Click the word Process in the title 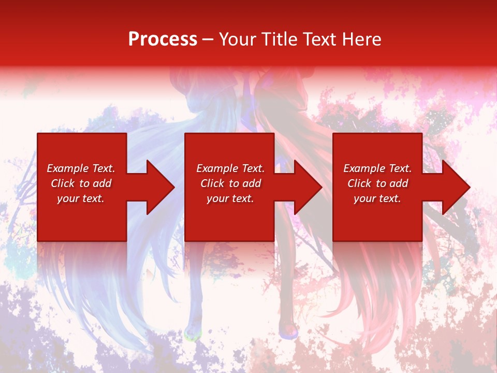click(163, 39)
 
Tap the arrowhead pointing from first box click(160, 187)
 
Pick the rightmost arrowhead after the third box click(456, 187)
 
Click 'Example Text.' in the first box click(81, 168)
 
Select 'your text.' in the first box click(81, 198)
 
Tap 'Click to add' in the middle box click(231, 183)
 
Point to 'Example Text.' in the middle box click(230, 168)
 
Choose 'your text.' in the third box click(377, 198)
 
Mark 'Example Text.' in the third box click(377, 168)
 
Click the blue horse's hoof click(192, 332)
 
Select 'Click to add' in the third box click(378, 183)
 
